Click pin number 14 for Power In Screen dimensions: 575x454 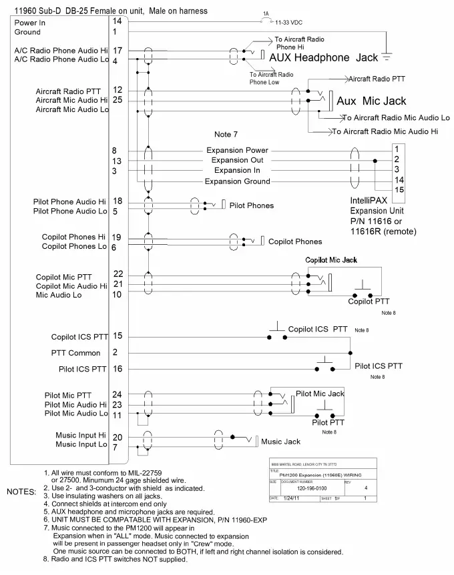click(117, 22)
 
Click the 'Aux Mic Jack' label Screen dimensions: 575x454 click(371, 101)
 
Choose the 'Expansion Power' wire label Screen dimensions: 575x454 click(237, 150)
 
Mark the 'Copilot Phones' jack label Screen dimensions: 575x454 click(294, 241)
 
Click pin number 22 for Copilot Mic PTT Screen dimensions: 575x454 click(118, 274)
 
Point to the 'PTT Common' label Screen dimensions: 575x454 click(75, 353)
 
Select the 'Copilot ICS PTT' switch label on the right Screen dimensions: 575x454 click(318, 330)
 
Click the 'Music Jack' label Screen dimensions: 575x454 click(280, 442)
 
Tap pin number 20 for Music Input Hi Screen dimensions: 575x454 click(118, 437)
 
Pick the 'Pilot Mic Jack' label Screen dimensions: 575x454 click(320, 394)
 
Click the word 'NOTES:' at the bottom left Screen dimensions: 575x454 click(21, 492)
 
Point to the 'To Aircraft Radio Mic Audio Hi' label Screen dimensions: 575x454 click(385, 132)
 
